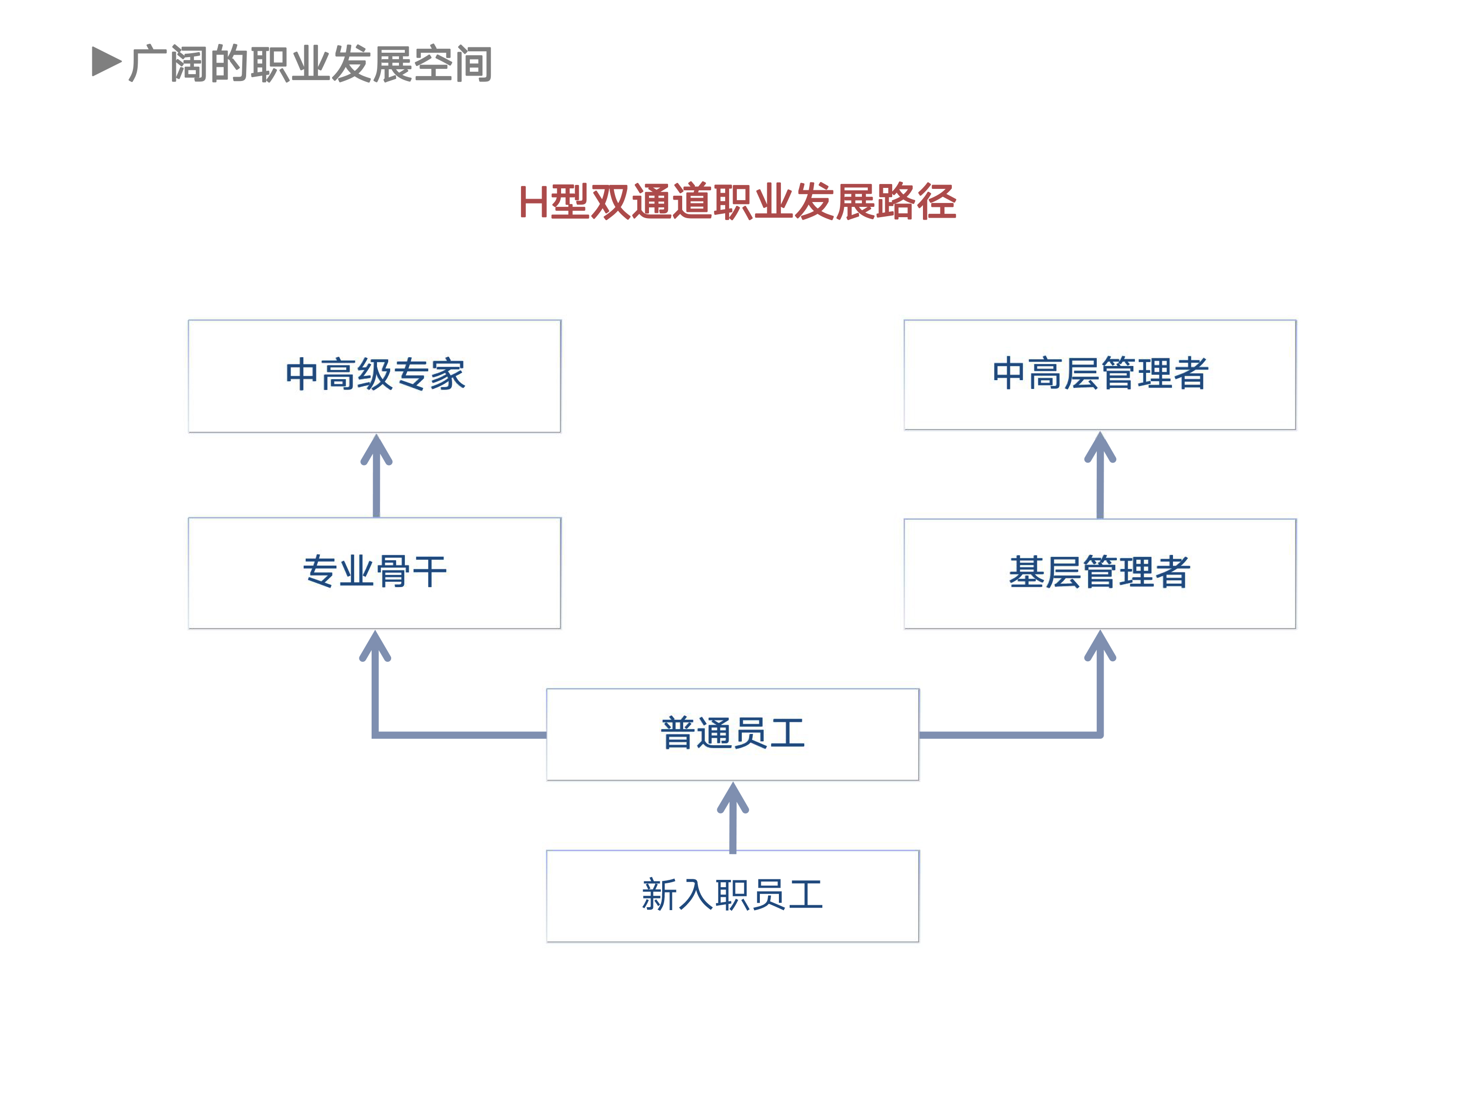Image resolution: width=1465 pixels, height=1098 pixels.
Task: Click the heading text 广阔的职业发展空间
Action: [311, 64]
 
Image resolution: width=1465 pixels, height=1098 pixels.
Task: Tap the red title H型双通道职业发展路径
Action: [737, 202]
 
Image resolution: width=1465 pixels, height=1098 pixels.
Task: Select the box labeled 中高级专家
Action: [375, 376]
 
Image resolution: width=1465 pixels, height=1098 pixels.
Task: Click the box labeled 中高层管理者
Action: [1099, 375]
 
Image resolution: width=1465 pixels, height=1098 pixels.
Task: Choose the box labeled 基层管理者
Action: [1099, 573]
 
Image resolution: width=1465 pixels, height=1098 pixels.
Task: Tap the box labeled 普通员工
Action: [732, 734]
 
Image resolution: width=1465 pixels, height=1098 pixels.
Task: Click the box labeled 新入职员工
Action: [732, 895]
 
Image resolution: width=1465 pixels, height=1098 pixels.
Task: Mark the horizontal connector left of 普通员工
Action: [460, 734]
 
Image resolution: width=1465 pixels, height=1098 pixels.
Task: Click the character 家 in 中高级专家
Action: [448, 375]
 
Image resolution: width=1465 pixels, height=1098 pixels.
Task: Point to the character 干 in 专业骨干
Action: [430, 572]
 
